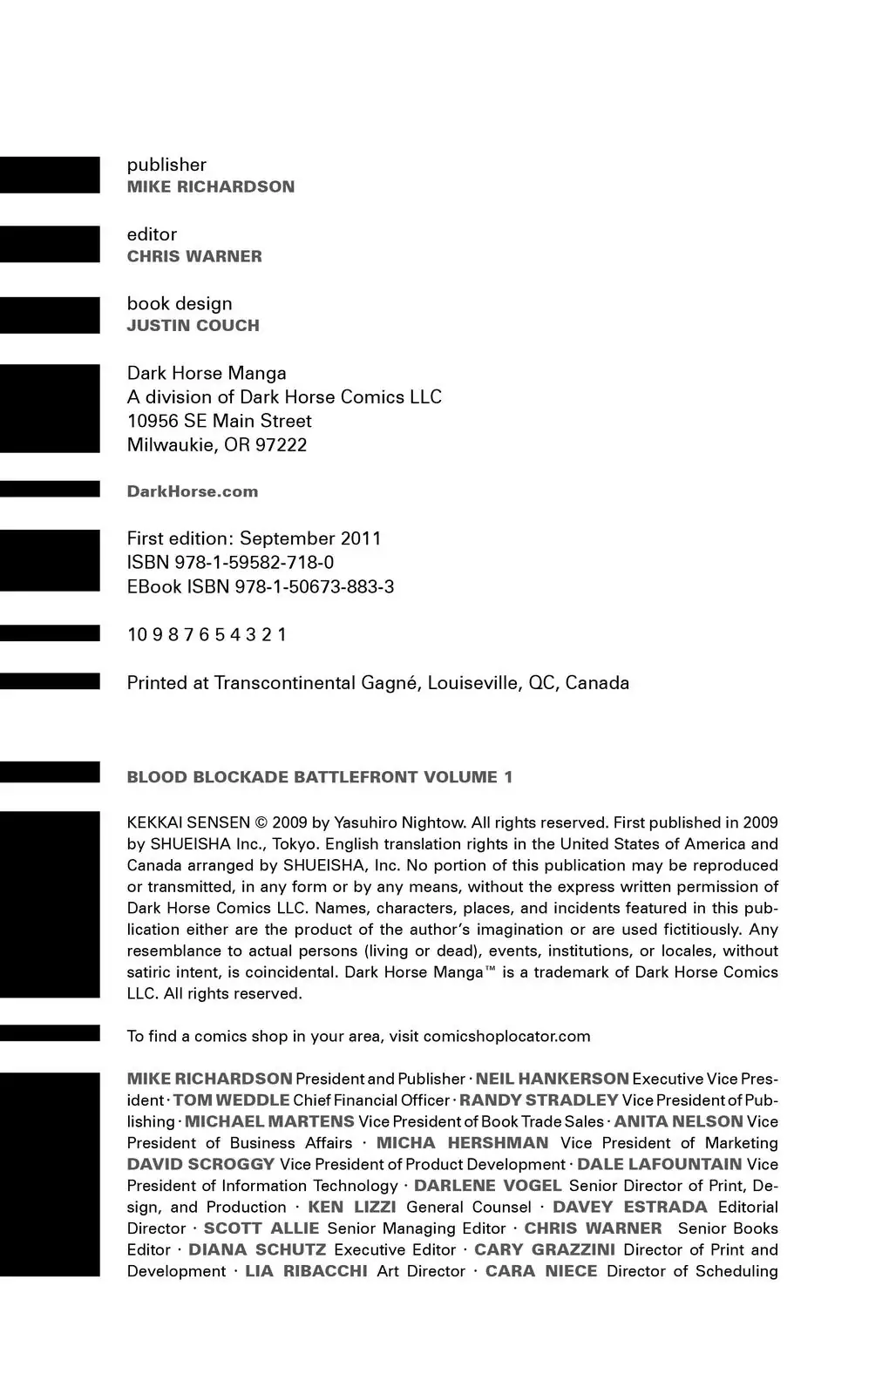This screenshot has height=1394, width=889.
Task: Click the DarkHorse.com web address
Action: (193, 491)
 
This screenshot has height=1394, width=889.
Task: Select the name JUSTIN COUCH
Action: (193, 326)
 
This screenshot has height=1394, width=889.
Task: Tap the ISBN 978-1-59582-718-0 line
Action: (230, 563)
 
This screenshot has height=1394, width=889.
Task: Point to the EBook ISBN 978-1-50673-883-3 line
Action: (261, 587)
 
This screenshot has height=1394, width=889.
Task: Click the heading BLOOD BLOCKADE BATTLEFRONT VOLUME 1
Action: (320, 777)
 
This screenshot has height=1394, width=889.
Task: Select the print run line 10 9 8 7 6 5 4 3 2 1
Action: (207, 635)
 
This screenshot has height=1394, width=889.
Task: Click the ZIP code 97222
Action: (281, 445)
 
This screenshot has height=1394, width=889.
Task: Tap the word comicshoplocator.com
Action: (506, 1037)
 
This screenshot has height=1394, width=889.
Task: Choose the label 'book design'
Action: (180, 304)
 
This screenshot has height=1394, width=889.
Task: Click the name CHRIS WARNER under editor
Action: (194, 256)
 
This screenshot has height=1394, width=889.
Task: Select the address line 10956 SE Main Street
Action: (219, 421)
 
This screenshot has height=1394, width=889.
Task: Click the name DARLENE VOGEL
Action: (487, 1186)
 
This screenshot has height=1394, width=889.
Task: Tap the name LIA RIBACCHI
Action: (306, 1271)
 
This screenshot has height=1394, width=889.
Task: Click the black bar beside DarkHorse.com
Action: (50, 489)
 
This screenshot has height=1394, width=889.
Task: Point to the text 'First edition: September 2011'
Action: (254, 538)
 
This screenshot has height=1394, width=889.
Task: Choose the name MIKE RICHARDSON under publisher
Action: (211, 186)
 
